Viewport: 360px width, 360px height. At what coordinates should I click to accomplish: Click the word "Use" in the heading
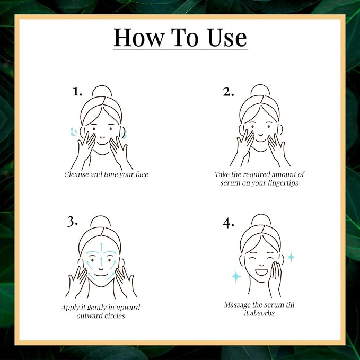(x=227, y=38)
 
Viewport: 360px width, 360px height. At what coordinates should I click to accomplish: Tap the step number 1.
(x=77, y=92)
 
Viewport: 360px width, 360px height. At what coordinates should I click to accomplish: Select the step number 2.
(x=229, y=92)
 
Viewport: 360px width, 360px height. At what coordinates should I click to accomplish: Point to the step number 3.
(x=72, y=222)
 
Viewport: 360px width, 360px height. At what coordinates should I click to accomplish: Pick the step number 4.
(x=228, y=223)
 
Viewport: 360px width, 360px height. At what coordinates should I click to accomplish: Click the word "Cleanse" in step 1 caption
(x=76, y=174)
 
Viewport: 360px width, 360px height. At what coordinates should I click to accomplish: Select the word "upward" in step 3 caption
(x=128, y=308)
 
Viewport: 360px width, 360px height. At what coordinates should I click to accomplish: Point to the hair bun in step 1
(x=102, y=91)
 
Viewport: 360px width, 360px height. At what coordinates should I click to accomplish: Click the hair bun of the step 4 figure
(x=261, y=219)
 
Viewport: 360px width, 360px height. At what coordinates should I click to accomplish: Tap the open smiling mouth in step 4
(x=261, y=273)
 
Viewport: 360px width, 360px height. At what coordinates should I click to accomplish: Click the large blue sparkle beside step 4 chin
(x=236, y=275)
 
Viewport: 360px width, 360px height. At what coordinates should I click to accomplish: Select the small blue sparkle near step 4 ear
(x=291, y=257)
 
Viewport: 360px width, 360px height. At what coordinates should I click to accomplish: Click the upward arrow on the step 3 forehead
(x=101, y=247)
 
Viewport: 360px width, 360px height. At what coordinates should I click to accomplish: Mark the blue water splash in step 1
(x=74, y=132)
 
